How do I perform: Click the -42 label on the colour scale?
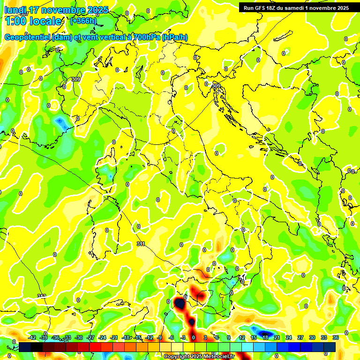pos(33,337)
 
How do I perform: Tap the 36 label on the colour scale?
pos(336,337)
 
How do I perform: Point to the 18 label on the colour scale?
pos(265,337)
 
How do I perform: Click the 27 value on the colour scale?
pos(301,337)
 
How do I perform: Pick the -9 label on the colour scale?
pos(160,337)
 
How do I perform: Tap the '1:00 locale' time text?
pos(33,21)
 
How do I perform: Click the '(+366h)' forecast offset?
pos(83,21)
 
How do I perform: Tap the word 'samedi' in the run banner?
pos(298,8)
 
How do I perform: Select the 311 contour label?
pos(141,244)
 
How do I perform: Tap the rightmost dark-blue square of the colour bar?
pos(330,346)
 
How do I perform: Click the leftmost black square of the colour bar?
pos(25,346)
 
